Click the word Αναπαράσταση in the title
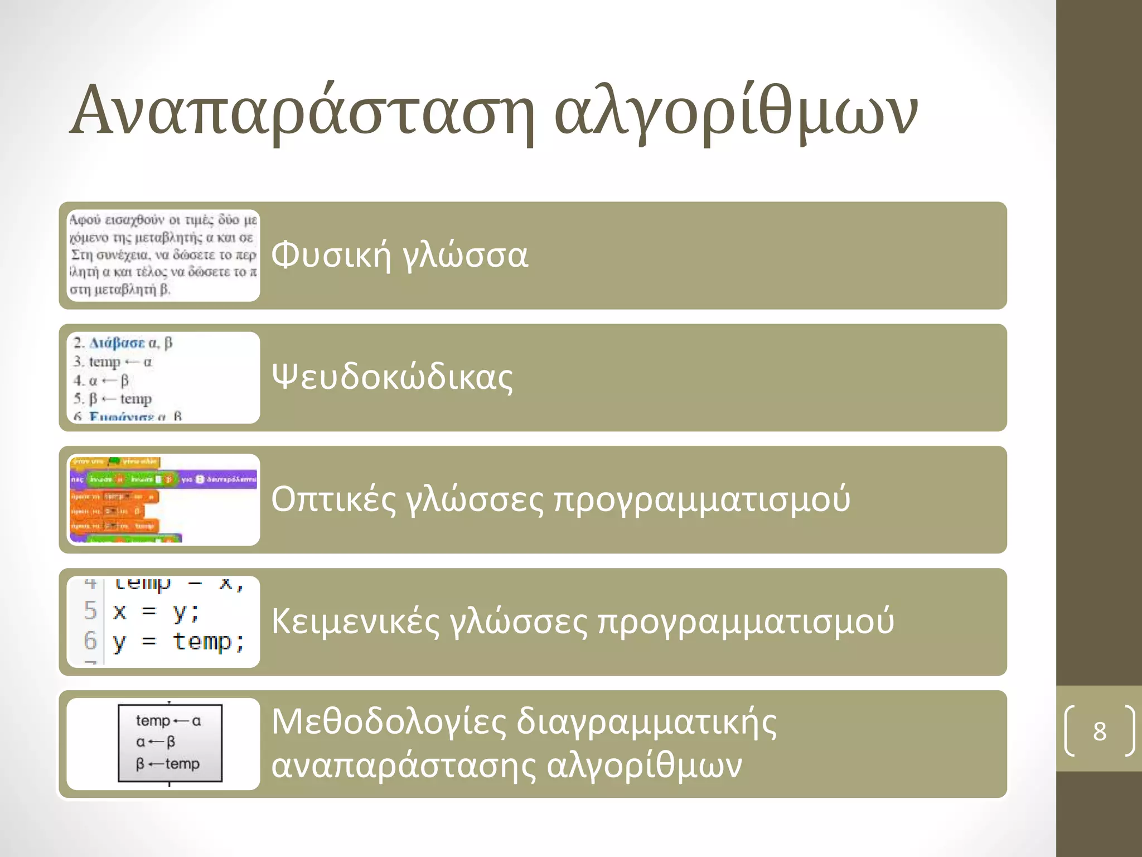[x=301, y=112]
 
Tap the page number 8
[x=1099, y=731]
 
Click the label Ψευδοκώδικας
[x=392, y=377]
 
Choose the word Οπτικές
[x=333, y=499]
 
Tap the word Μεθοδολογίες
[x=389, y=722]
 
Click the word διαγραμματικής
[x=646, y=723]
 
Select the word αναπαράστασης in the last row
[x=403, y=765]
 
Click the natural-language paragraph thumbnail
[x=163, y=255]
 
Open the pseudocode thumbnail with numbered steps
[x=163, y=378]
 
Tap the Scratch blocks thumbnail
[x=163, y=499]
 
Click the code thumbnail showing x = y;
[x=163, y=622]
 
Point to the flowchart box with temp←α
[x=170, y=743]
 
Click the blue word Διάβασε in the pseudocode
[x=117, y=343]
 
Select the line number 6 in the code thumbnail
[x=90, y=641]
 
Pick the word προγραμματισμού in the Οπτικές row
[x=701, y=499]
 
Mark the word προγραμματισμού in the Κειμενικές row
[x=746, y=621]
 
